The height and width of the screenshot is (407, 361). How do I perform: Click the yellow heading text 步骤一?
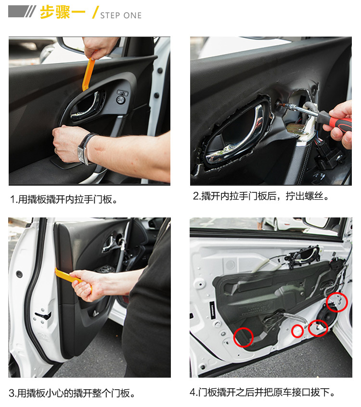(x=63, y=12)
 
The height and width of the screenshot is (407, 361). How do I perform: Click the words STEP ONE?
(x=121, y=15)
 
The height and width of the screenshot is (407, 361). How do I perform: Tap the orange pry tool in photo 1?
(x=88, y=74)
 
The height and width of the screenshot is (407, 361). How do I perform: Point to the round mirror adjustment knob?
(x=120, y=100)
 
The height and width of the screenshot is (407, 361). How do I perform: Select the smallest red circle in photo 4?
(x=297, y=331)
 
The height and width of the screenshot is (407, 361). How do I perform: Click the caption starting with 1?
(x=64, y=199)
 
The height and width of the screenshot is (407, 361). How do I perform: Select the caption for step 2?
(x=261, y=196)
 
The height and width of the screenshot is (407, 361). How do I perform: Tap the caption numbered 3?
(x=72, y=393)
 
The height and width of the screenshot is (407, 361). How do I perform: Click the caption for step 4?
(x=262, y=392)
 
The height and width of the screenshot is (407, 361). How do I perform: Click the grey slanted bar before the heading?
(x=22, y=12)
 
